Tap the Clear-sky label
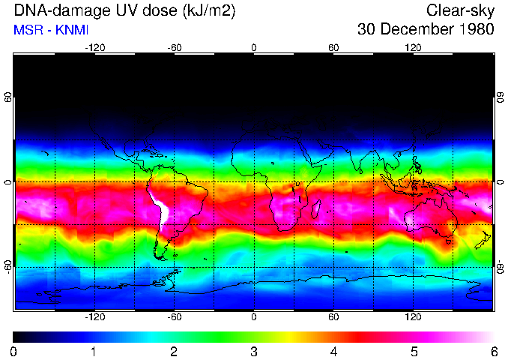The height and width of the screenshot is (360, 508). [461, 10]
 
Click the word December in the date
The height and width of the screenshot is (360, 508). [415, 30]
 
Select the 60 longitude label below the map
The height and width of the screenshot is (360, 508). [333, 317]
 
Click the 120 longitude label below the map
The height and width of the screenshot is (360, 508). [413, 317]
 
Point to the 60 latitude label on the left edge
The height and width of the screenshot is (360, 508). [8, 98]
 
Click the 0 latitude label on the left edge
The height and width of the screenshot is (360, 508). [8, 182]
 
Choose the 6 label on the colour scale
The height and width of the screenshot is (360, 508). [494, 351]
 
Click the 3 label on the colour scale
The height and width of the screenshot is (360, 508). [254, 351]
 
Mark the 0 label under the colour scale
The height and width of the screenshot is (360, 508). [14, 351]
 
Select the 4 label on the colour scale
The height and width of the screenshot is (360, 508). [333, 351]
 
